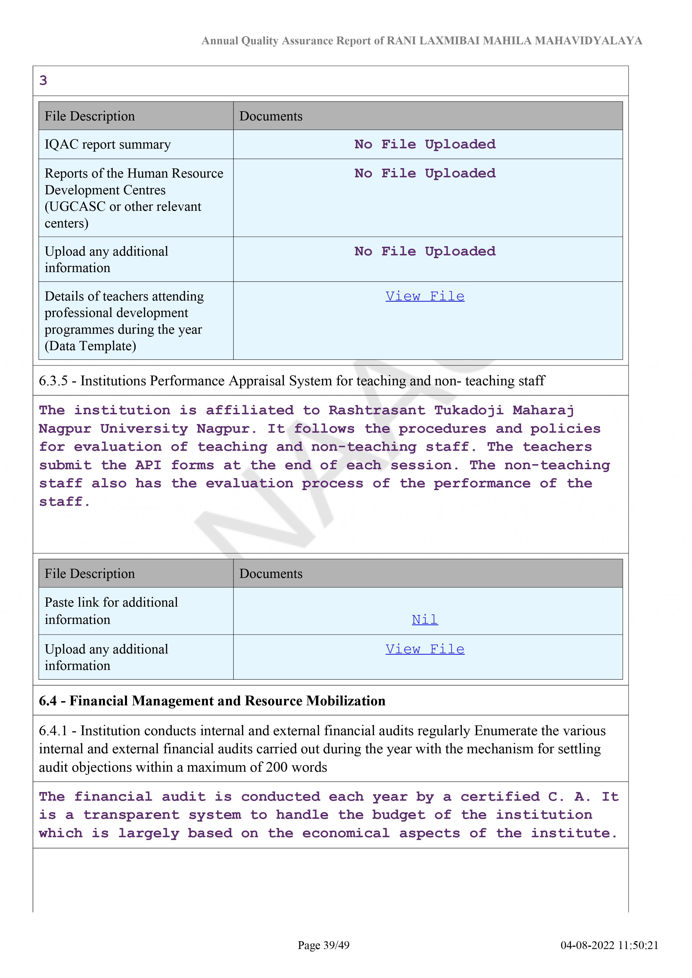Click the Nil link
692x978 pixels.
coord(425,619)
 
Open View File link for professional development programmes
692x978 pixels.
coord(425,296)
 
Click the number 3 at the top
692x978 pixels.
coord(43,81)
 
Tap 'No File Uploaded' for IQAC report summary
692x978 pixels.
coord(425,144)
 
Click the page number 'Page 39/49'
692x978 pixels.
coord(324,945)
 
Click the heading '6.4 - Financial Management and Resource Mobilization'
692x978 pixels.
coord(212,701)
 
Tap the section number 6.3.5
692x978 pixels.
coord(53,381)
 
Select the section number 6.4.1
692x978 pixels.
coord(53,731)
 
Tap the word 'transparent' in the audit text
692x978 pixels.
coord(131,815)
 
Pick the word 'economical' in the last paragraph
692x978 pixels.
coord(346,834)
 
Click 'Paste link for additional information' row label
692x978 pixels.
coord(111,611)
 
